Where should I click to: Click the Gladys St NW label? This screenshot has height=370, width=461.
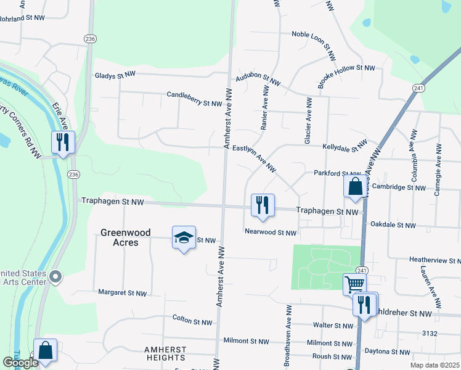(115, 75)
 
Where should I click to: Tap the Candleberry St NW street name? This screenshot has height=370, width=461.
(194, 99)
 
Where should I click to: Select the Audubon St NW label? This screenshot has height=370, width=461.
(262, 79)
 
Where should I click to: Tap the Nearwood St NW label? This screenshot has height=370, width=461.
(271, 233)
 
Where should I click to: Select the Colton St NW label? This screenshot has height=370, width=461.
(192, 322)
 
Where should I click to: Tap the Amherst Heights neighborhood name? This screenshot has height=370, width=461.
(165, 353)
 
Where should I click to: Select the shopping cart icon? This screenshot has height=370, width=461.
(354, 285)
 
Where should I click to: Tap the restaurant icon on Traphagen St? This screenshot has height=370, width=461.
(263, 205)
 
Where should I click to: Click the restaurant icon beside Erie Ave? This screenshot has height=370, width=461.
(63, 142)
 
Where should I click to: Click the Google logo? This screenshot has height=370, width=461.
(20, 363)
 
